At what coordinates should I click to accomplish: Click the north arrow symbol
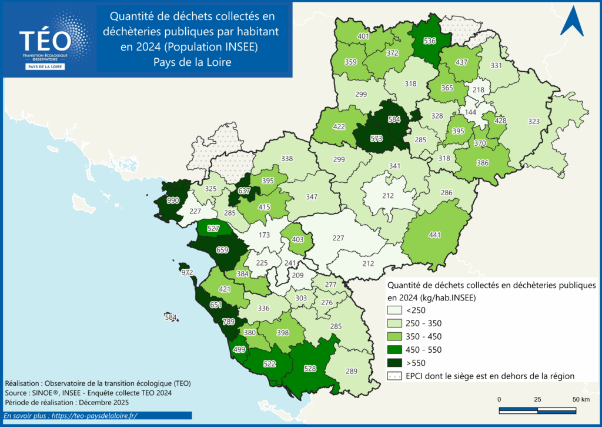pos(571,23)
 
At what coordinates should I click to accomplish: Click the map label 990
pos(173,200)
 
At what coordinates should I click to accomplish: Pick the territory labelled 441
pos(434,235)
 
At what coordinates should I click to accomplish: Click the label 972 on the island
pos(188,273)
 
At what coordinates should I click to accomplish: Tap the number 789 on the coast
pos(228,322)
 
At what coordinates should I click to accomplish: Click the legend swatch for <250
pos(393,310)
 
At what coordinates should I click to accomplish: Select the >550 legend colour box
pos(393,362)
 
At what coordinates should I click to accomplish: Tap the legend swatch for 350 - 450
pos(393,336)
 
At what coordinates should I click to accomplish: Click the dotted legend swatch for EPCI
pos(393,375)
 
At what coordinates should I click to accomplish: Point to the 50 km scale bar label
pos(581,400)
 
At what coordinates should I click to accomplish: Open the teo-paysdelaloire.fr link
pos(88,416)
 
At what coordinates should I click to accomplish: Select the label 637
pos(244,190)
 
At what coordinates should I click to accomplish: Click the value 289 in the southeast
pos(352,371)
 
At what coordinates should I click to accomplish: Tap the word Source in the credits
pos(16,393)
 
